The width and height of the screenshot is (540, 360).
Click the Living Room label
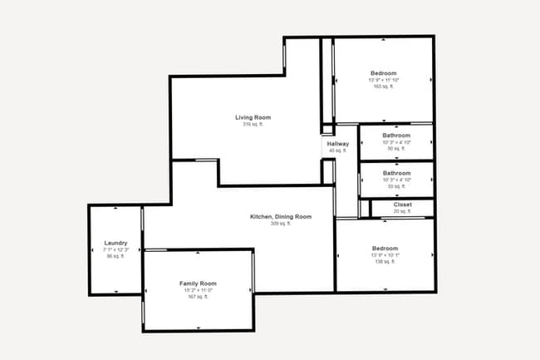pyautogui.click(x=253, y=117)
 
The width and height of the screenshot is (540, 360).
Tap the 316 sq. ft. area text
pyautogui.click(x=253, y=125)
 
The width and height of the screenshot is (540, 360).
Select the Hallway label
pyautogui.click(x=338, y=144)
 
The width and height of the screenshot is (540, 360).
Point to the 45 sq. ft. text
pyautogui.click(x=338, y=150)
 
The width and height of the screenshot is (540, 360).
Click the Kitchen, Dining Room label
pyautogui.click(x=281, y=217)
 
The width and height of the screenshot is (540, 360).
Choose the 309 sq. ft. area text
pyautogui.click(x=281, y=224)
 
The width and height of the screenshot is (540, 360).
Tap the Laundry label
pyautogui.click(x=115, y=243)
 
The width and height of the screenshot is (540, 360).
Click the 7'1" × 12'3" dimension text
pyautogui.click(x=115, y=249)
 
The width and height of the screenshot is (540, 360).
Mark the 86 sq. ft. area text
pyautogui.click(x=115, y=256)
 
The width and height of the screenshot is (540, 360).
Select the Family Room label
pyautogui.click(x=198, y=284)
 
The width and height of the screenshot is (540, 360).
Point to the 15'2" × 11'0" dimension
pyautogui.click(x=198, y=290)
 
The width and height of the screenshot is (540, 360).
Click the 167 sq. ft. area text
pyautogui.click(x=198, y=297)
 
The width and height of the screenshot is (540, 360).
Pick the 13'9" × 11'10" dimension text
pyautogui.click(x=384, y=80)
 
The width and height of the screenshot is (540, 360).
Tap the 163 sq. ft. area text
pyautogui.click(x=384, y=86)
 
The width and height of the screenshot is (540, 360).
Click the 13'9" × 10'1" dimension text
pyautogui.click(x=385, y=255)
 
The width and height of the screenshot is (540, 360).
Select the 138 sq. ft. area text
pyautogui.click(x=385, y=262)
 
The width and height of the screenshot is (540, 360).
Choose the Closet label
pyautogui.click(x=403, y=204)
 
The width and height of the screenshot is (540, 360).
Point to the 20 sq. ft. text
pyautogui.click(x=403, y=211)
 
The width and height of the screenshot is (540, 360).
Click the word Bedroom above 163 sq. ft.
pyautogui.click(x=384, y=73)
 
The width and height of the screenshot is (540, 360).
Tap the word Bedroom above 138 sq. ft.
pyautogui.click(x=385, y=249)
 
